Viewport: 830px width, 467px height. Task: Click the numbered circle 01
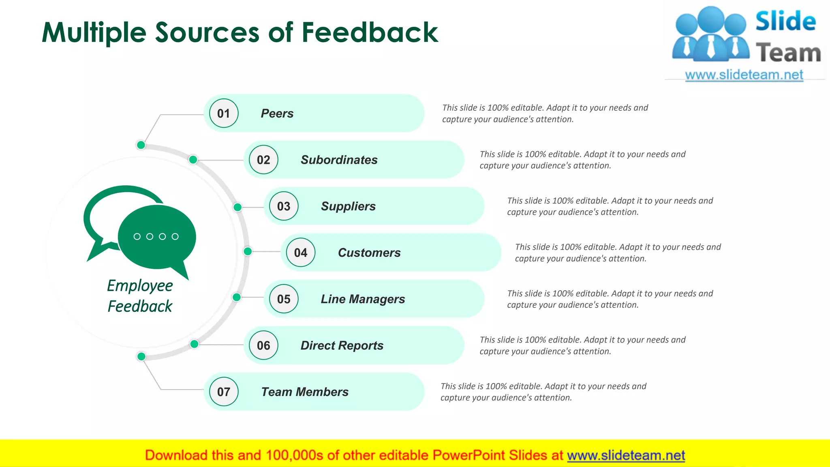pos(224,114)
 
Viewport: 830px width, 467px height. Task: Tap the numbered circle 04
pos(301,253)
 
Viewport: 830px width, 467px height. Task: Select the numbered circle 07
pos(224,392)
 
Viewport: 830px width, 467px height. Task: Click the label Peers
pos(277,114)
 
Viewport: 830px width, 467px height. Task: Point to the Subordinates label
pos(339,160)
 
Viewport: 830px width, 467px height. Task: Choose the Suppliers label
pos(349,206)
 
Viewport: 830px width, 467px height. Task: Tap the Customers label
pos(369,253)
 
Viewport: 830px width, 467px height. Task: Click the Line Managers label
pos(363,299)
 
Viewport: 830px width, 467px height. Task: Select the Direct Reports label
pos(342,345)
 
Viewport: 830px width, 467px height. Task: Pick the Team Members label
pos(305,392)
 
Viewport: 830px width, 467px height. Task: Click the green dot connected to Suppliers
pos(237,207)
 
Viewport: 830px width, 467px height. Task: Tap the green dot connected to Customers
pos(248,251)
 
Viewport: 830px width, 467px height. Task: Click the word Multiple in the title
pos(94,32)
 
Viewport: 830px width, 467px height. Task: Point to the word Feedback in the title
pos(370,32)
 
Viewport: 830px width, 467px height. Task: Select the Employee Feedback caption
pos(140,296)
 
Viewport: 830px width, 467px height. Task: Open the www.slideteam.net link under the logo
pos(744,75)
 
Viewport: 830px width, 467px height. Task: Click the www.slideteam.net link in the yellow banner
pos(626,455)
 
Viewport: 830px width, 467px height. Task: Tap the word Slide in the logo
pos(785,21)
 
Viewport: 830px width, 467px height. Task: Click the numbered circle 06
pos(263,345)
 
